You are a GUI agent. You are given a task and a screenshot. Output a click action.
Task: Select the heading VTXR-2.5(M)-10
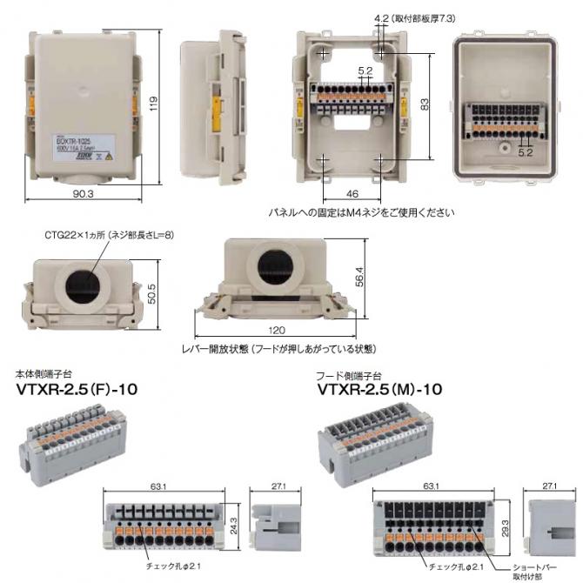click(381, 391)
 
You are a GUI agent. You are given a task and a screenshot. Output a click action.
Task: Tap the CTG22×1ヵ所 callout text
click(110, 235)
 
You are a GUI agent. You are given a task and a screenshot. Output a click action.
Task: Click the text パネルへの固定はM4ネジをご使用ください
click(361, 211)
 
